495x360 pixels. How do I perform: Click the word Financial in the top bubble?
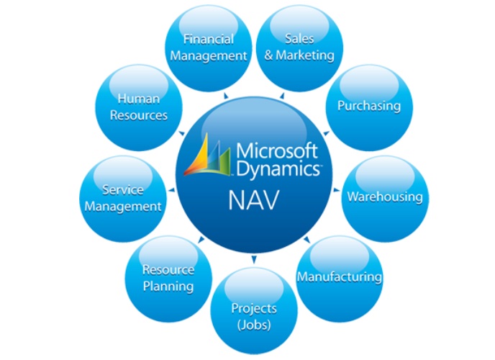(209, 39)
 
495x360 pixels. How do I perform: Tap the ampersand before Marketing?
(268, 55)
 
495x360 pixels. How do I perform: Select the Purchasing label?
(369, 106)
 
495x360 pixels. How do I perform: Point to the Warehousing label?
(385, 197)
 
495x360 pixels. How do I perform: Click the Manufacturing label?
(340, 276)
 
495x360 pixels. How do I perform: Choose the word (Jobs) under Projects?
(254, 325)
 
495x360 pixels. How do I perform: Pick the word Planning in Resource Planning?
(168, 286)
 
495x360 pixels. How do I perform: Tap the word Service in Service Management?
(123, 190)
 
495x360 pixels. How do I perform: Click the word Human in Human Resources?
(139, 99)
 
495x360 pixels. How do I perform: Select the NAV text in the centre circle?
(254, 200)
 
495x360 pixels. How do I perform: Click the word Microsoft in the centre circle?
(277, 150)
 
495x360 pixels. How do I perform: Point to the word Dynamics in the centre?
(278, 169)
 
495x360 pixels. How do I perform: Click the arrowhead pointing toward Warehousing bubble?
(336, 190)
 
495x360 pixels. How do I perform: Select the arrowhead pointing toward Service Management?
(172, 190)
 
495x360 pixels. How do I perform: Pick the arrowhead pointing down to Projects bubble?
(254, 260)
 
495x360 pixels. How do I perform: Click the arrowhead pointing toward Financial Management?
(226, 96)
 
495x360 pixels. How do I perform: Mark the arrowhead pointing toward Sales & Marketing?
(282, 96)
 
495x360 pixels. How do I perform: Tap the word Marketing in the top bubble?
(305, 55)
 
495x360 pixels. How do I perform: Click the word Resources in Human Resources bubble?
(139, 115)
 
